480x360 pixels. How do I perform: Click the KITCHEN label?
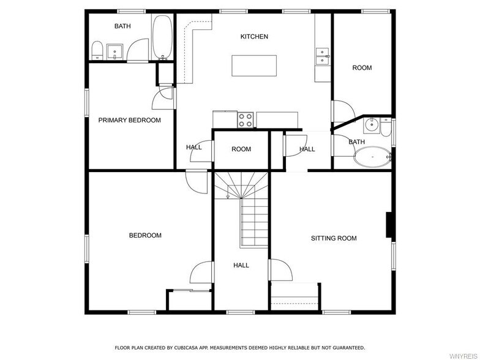click(x=254, y=37)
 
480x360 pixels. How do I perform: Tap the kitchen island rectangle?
click(x=254, y=66)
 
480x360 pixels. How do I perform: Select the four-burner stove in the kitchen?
click(x=246, y=120)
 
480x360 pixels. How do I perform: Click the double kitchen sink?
click(x=322, y=56)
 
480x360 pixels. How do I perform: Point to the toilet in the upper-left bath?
click(x=97, y=50)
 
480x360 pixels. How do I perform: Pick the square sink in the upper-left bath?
click(x=114, y=52)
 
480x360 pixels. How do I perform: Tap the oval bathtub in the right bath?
click(x=372, y=157)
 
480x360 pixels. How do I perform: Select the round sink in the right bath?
click(x=372, y=125)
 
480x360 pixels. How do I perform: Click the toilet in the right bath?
click(x=386, y=127)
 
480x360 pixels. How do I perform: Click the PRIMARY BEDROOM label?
click(x=130, y=120)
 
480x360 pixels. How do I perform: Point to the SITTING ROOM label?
click(x=334, y=238)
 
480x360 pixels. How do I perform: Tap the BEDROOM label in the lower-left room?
click(x=145, y=235)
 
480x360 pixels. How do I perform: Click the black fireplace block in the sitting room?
click(x=389, y=225)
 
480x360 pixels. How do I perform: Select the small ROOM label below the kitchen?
click(x=241, y=149)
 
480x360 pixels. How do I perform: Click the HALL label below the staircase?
click(x=241, y=266)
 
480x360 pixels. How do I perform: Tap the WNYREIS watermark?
click(x=463, y=356)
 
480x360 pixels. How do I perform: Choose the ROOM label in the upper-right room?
click(x=362, y=68)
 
